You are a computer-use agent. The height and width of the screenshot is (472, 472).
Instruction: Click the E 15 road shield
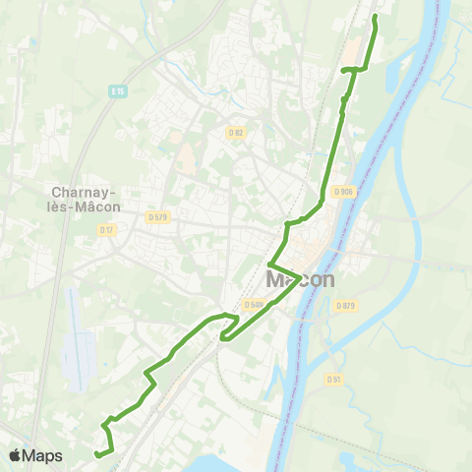pos(117,90)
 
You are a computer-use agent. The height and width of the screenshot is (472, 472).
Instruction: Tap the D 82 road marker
pos(234,132)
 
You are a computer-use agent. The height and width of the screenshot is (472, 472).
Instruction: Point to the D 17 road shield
pos(107,230)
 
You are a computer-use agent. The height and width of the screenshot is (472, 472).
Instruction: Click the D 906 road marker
pos(343,192)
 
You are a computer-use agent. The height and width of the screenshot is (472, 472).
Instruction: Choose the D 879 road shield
pos(344,306)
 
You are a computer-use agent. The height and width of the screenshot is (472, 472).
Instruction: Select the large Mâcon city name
pos(300,280)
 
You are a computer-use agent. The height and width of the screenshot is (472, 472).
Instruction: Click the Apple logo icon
pos(16,455)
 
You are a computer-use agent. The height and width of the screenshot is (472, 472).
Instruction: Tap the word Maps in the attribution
pos(43,455)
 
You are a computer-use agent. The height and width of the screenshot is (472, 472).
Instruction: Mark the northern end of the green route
pos(376,17)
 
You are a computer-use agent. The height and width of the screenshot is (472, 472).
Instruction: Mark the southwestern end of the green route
pos(95,453)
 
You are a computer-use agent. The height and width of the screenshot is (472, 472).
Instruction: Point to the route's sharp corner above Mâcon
pos(269,264)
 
